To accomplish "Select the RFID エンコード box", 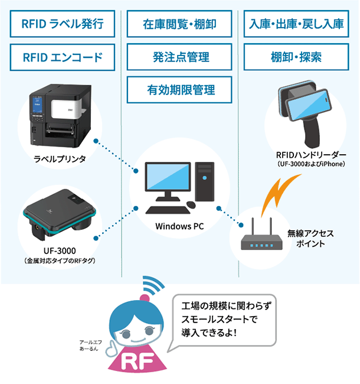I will click(62, 57).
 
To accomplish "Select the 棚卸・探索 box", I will click(296, 57).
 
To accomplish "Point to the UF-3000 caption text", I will click(61, 250).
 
